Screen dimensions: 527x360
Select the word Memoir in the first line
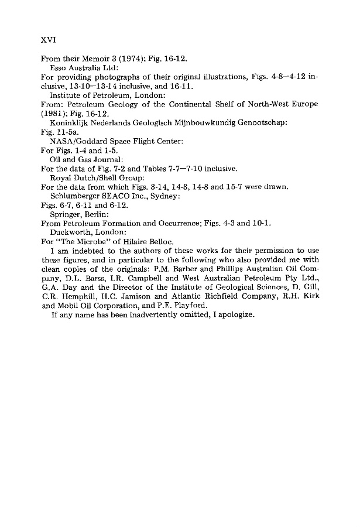click(92, 59)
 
